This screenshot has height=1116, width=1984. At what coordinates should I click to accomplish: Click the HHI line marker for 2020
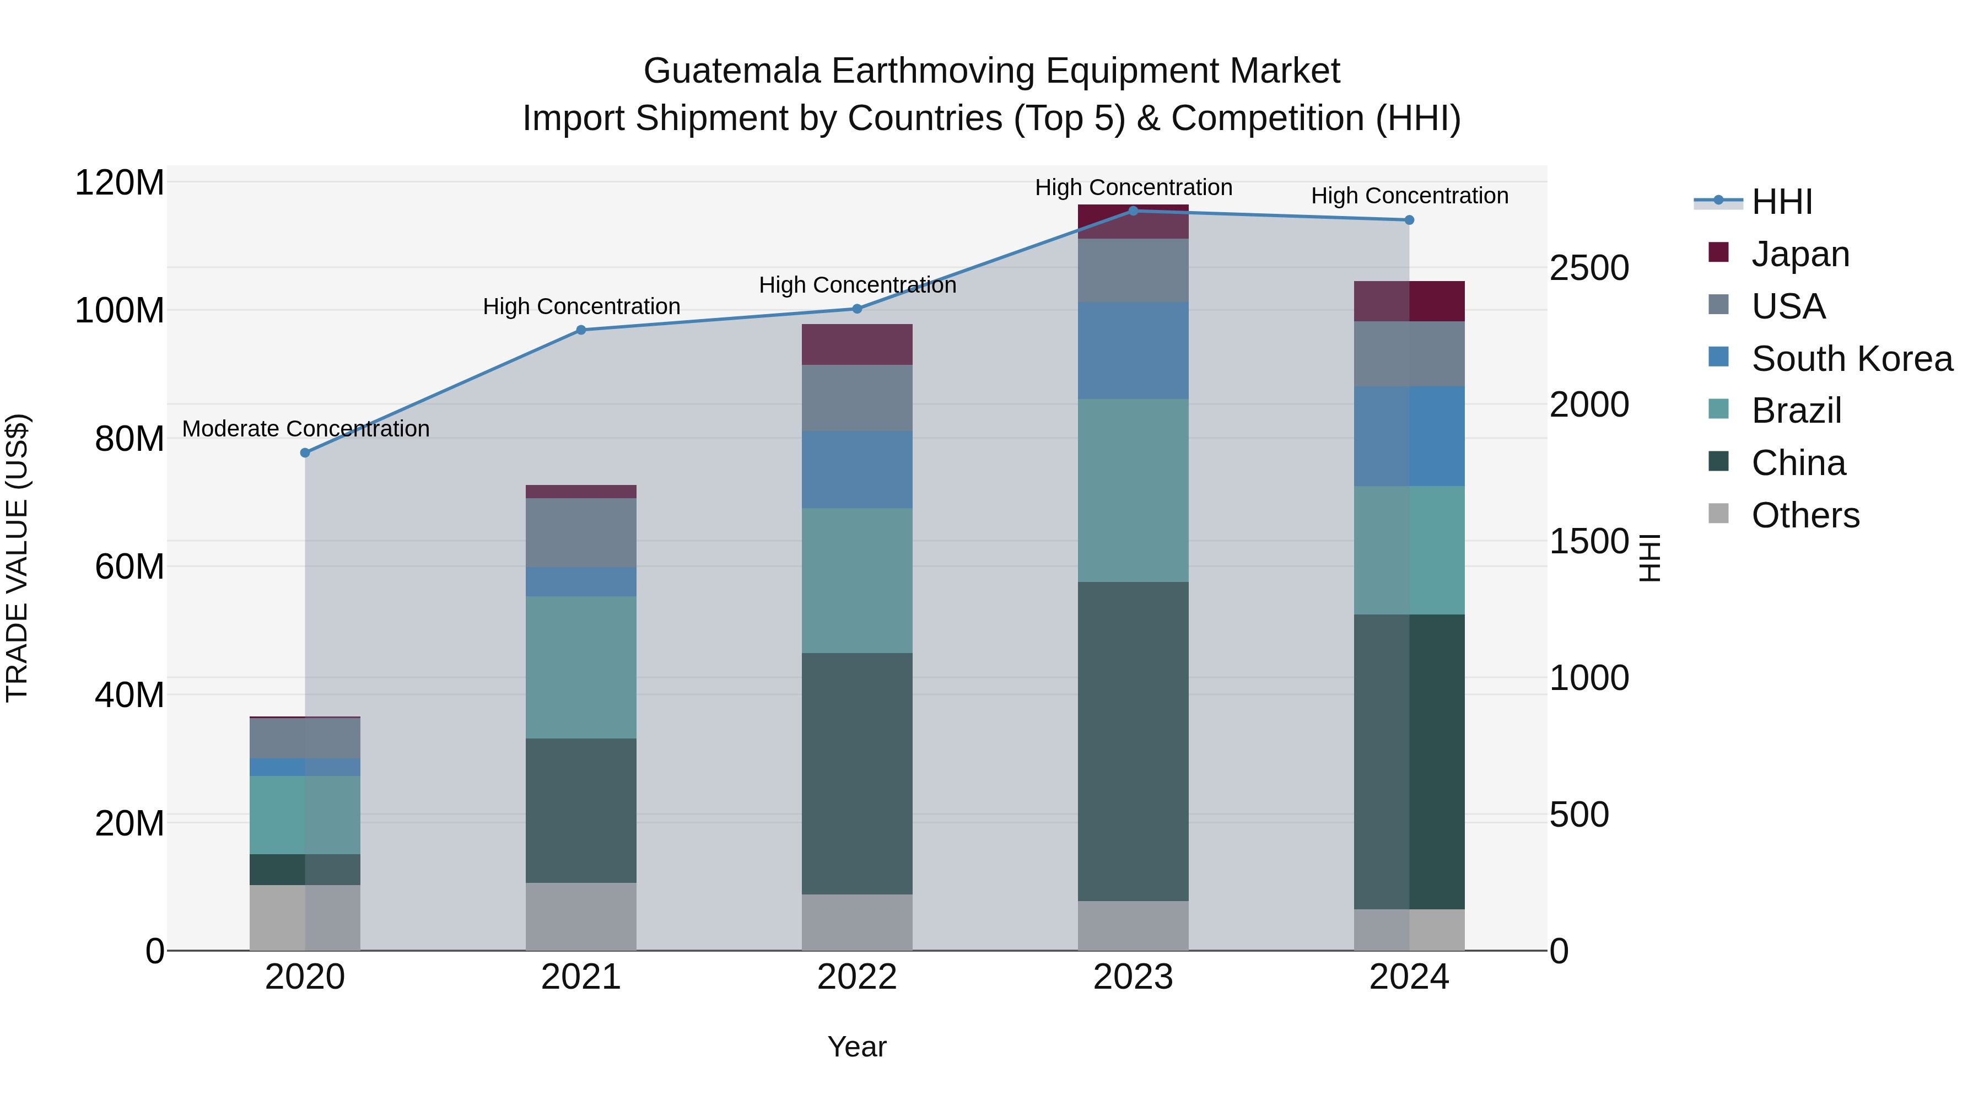(305, 453)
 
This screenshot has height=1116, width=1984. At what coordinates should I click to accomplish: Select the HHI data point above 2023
(1133, 211)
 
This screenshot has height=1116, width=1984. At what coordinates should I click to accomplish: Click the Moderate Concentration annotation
(306, 429)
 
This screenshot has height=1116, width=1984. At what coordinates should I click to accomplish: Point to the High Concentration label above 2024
(1409, 196)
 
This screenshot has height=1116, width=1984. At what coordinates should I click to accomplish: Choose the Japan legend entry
(1800, 254)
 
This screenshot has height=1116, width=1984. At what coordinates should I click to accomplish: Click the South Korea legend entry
(1852, 359)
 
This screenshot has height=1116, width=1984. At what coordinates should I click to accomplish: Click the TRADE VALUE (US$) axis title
(17, 558)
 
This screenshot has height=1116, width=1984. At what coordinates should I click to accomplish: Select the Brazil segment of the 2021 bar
(581, 667)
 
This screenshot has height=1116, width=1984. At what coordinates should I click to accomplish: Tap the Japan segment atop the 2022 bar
(856, 344)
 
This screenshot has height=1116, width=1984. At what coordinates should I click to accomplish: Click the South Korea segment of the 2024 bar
(1409, 436)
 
